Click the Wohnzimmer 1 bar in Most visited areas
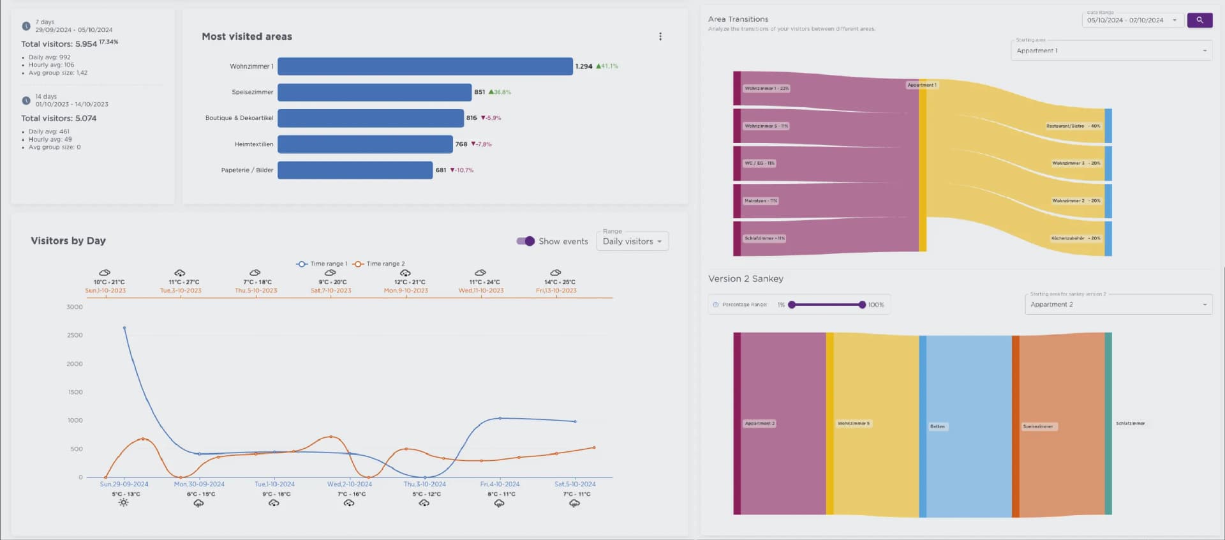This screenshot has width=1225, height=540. [x=425, y=66]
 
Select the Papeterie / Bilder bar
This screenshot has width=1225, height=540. [x=355, y=170]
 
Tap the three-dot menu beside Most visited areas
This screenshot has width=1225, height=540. [x=660, y=37]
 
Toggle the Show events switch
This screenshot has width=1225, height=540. [x=526, y=241]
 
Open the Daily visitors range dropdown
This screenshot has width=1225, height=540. [x=632, y=241]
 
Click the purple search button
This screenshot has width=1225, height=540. [x=1199, y=20]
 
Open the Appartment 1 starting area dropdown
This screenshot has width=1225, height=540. [x=1111, y=51]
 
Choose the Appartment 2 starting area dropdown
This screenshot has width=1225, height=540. [x=1118, y=304]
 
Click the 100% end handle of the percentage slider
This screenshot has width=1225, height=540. [x=862, y=305]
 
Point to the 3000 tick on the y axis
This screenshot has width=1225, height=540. [x=75, y=307]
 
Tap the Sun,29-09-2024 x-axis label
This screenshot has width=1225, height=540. [x=124, y=484]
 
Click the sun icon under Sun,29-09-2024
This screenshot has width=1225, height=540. [x=124, y=503]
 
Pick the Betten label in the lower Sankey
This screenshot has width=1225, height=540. [x=937, y=426]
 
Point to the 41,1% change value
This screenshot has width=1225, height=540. [x=609, y=66]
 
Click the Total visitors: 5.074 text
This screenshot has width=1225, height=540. [x=59, y=119]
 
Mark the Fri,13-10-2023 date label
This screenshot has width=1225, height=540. [x=556, y=290]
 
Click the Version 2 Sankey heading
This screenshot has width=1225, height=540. [x=745, y=279]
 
